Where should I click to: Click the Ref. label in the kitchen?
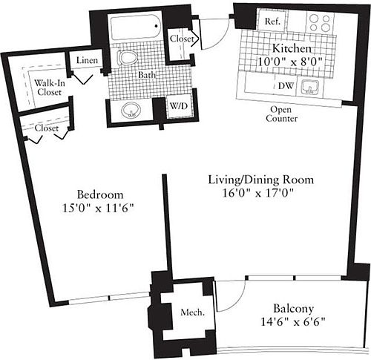pos(272,22)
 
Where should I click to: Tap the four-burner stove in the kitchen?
pos(321,23)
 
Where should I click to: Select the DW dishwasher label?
pos(286,86)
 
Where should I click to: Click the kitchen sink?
pos(310,88)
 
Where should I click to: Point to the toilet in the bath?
pos(128,57)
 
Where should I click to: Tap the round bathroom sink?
pos(131,110)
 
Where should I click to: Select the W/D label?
pos(179,106)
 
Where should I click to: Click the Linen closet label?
pos(87,60)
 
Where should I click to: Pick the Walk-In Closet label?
pos(50,88)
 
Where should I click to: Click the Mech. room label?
pos(192,312)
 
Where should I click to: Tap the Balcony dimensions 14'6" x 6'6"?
pos(293,322)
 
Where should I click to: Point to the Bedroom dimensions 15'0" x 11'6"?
pos(98,209)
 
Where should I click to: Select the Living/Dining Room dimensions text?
pos(258,193)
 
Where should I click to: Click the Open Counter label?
pos(281,114)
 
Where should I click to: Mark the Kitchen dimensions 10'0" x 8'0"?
pos(290,61)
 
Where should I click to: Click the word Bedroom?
pos(100,194)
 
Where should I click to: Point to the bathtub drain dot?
pos(157,26)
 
